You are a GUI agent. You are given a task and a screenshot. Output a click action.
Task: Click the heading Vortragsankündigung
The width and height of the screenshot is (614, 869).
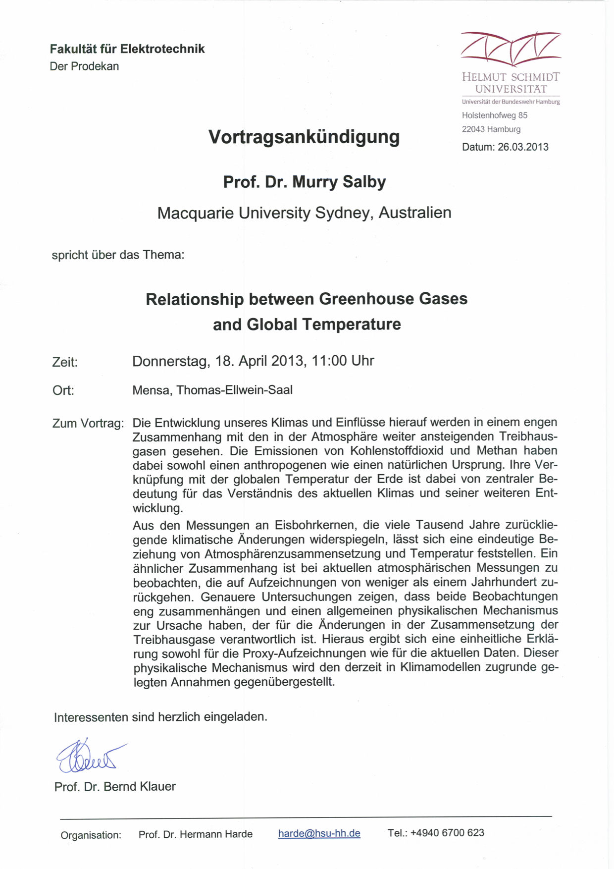(x=304, y=137)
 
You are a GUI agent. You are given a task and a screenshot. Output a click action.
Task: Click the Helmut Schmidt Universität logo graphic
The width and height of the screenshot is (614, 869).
(x=511, y=49)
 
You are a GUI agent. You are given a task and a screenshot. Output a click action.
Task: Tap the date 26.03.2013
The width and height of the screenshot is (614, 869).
(x=523, y=147)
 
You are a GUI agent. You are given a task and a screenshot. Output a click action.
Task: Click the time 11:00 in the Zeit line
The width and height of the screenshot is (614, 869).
(x=329, y=361)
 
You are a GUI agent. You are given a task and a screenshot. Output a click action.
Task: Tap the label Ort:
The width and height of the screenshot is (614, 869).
(x=63, y=390)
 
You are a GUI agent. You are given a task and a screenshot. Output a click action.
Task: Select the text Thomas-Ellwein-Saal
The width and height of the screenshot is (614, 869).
(x=234, y=390)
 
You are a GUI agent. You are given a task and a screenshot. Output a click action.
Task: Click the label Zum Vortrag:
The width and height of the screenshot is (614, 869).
(x=88, y=424)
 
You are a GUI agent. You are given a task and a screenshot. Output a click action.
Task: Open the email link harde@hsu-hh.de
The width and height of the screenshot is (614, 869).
(x=319, y=833)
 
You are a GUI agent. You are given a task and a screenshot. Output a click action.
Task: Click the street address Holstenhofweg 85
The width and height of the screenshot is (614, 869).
(x=494, y=115)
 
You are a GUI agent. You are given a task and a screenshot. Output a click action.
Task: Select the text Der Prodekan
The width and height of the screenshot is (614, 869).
(x=84, y=66)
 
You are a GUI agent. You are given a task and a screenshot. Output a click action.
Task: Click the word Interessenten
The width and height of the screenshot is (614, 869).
(x=91, y=717)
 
